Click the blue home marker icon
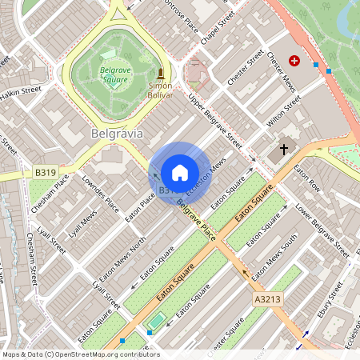click(x=180, y=173)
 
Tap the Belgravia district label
click(x=117, y=133)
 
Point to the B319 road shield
click(x=45, y=172)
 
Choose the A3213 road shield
click(x=267, y=298)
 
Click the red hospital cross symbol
click(x=294, y=60)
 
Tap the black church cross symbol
click(x=283, y=150)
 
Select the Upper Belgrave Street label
click(x=214, y=121)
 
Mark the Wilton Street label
click(x=284, y=111)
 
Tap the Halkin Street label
click(x=20, y=93)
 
